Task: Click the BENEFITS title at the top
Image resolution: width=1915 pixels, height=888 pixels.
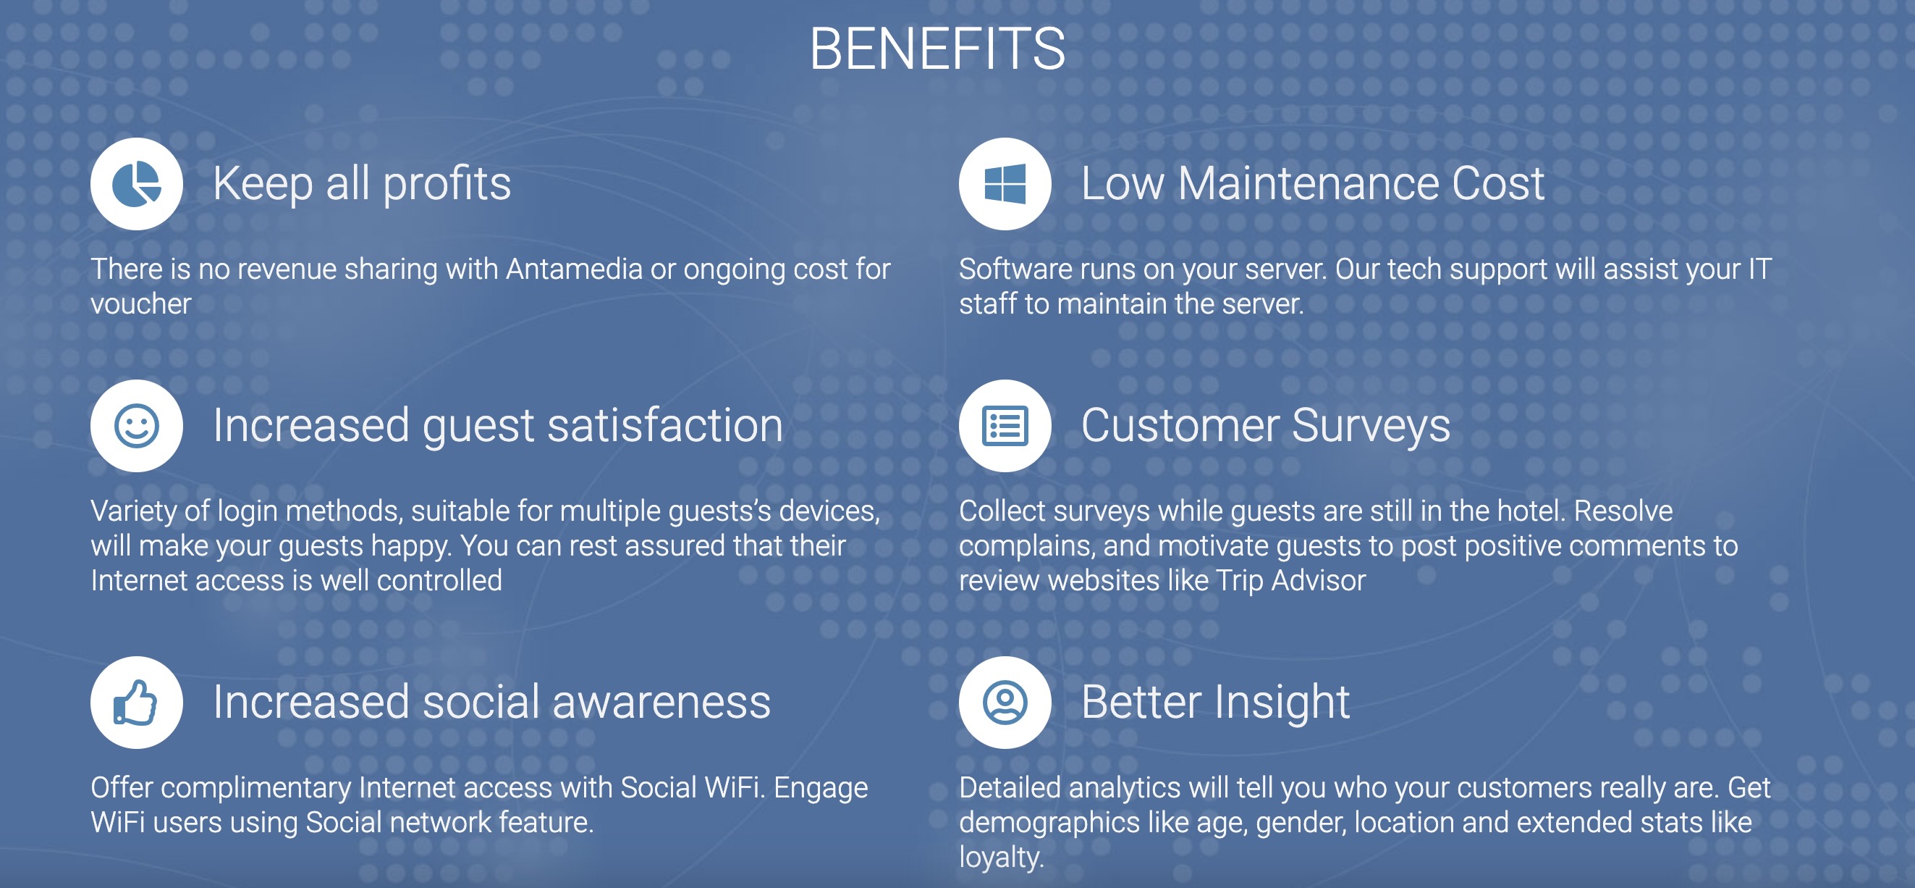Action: (937, 49)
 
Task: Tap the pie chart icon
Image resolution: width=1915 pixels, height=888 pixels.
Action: (137, 184)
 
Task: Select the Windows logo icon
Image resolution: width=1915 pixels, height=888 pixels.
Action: (1005, 184)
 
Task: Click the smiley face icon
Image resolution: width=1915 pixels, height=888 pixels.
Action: (137, 426)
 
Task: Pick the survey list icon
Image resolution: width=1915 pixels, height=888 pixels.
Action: (1005, 426)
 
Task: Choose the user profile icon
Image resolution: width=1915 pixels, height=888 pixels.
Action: (1005, 702)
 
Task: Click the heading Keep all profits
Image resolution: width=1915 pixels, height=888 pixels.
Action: (362, 184)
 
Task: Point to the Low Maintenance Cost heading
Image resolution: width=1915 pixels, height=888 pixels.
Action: (1313, 184)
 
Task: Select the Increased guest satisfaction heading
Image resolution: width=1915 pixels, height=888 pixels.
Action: (498, 426)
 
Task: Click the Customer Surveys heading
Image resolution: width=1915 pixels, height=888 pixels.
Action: (1265, 426)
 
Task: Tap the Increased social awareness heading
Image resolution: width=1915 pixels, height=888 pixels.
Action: (492, 702)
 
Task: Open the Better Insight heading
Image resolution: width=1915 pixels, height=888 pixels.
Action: (1215, 702)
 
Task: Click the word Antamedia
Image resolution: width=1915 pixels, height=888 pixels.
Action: (574, 269)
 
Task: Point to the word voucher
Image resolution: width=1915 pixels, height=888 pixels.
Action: (141, 304)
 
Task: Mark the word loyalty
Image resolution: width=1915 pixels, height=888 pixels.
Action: (1002, 858)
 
